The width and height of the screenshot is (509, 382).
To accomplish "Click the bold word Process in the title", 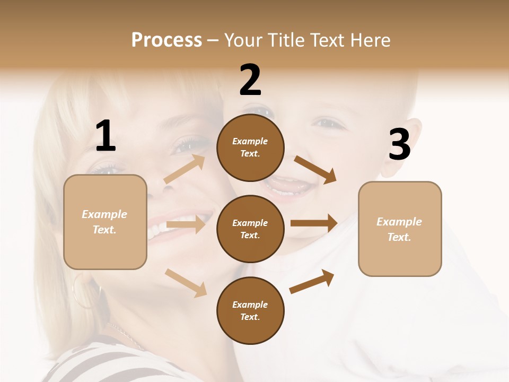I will click(166, 40).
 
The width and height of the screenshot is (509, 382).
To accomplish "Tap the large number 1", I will click(106, 136).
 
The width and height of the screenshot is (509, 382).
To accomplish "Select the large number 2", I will click(250, 80).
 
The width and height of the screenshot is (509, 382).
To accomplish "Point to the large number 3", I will click(399, 145).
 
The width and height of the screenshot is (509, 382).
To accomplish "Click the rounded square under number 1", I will click(105, 222).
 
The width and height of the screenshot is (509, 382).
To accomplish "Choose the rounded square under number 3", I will click(400, 229).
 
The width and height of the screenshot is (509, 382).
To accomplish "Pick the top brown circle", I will click(250, 147).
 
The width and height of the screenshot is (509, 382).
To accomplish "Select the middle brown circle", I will click(250, 229).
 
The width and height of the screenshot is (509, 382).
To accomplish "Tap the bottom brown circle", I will click(250, 310).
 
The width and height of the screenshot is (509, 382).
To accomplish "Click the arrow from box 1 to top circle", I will click(184, 169).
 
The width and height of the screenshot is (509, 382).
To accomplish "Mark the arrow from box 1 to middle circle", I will click(186, 224).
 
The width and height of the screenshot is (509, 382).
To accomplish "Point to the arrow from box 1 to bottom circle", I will click(186, 282).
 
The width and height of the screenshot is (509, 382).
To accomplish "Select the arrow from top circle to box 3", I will click(315, 169).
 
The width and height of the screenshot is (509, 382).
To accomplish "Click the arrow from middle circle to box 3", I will click(314, 223).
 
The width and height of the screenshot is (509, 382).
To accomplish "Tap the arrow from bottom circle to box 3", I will click(312, 281).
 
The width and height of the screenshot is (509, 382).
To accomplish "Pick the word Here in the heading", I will click(370, 40).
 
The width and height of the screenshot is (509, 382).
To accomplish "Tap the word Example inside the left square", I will click(104, 214).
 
